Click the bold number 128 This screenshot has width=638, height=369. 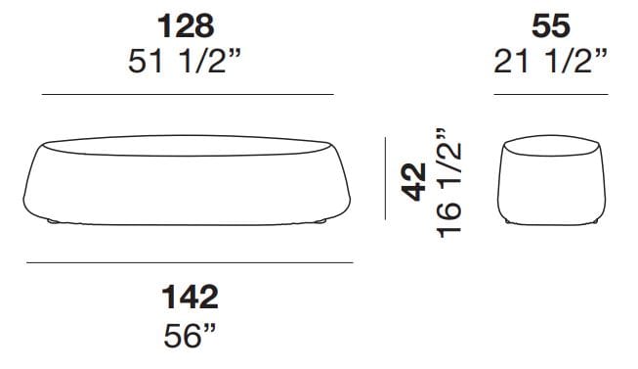tap(186, 26)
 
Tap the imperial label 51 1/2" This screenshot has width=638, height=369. tap(185, 62)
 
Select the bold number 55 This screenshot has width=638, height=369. tap(551, 26)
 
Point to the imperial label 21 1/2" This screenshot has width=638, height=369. tap(550, 62)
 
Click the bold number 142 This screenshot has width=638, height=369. tap(190, 298)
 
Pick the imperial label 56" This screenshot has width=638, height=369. tap(190, 335)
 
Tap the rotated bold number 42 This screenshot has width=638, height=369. tap(413, 182)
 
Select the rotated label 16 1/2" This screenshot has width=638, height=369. tap(448, 183)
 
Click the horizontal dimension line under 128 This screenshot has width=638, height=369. tap(188, 94)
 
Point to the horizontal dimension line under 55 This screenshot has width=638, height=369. tap(551, 94)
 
